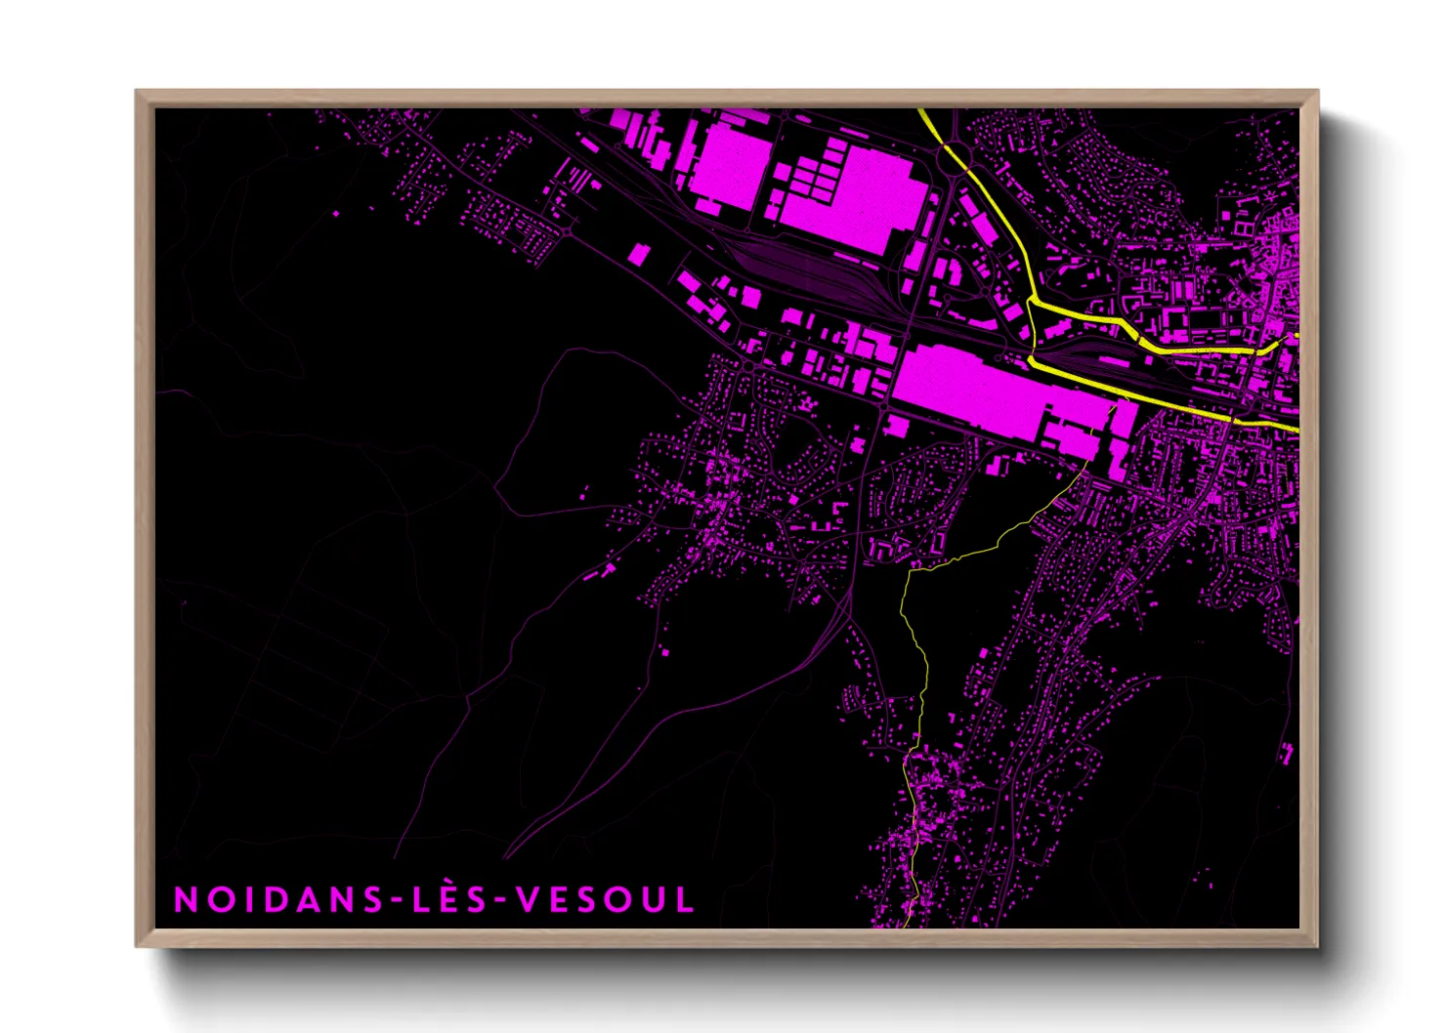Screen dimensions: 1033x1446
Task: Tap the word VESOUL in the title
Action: click(x=606, y=899)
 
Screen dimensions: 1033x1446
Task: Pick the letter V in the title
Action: click(x=529, y=899)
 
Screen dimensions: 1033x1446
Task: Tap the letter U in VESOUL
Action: click(x=652, y=899)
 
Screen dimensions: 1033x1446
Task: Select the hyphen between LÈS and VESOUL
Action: click(x=498, y=900)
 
